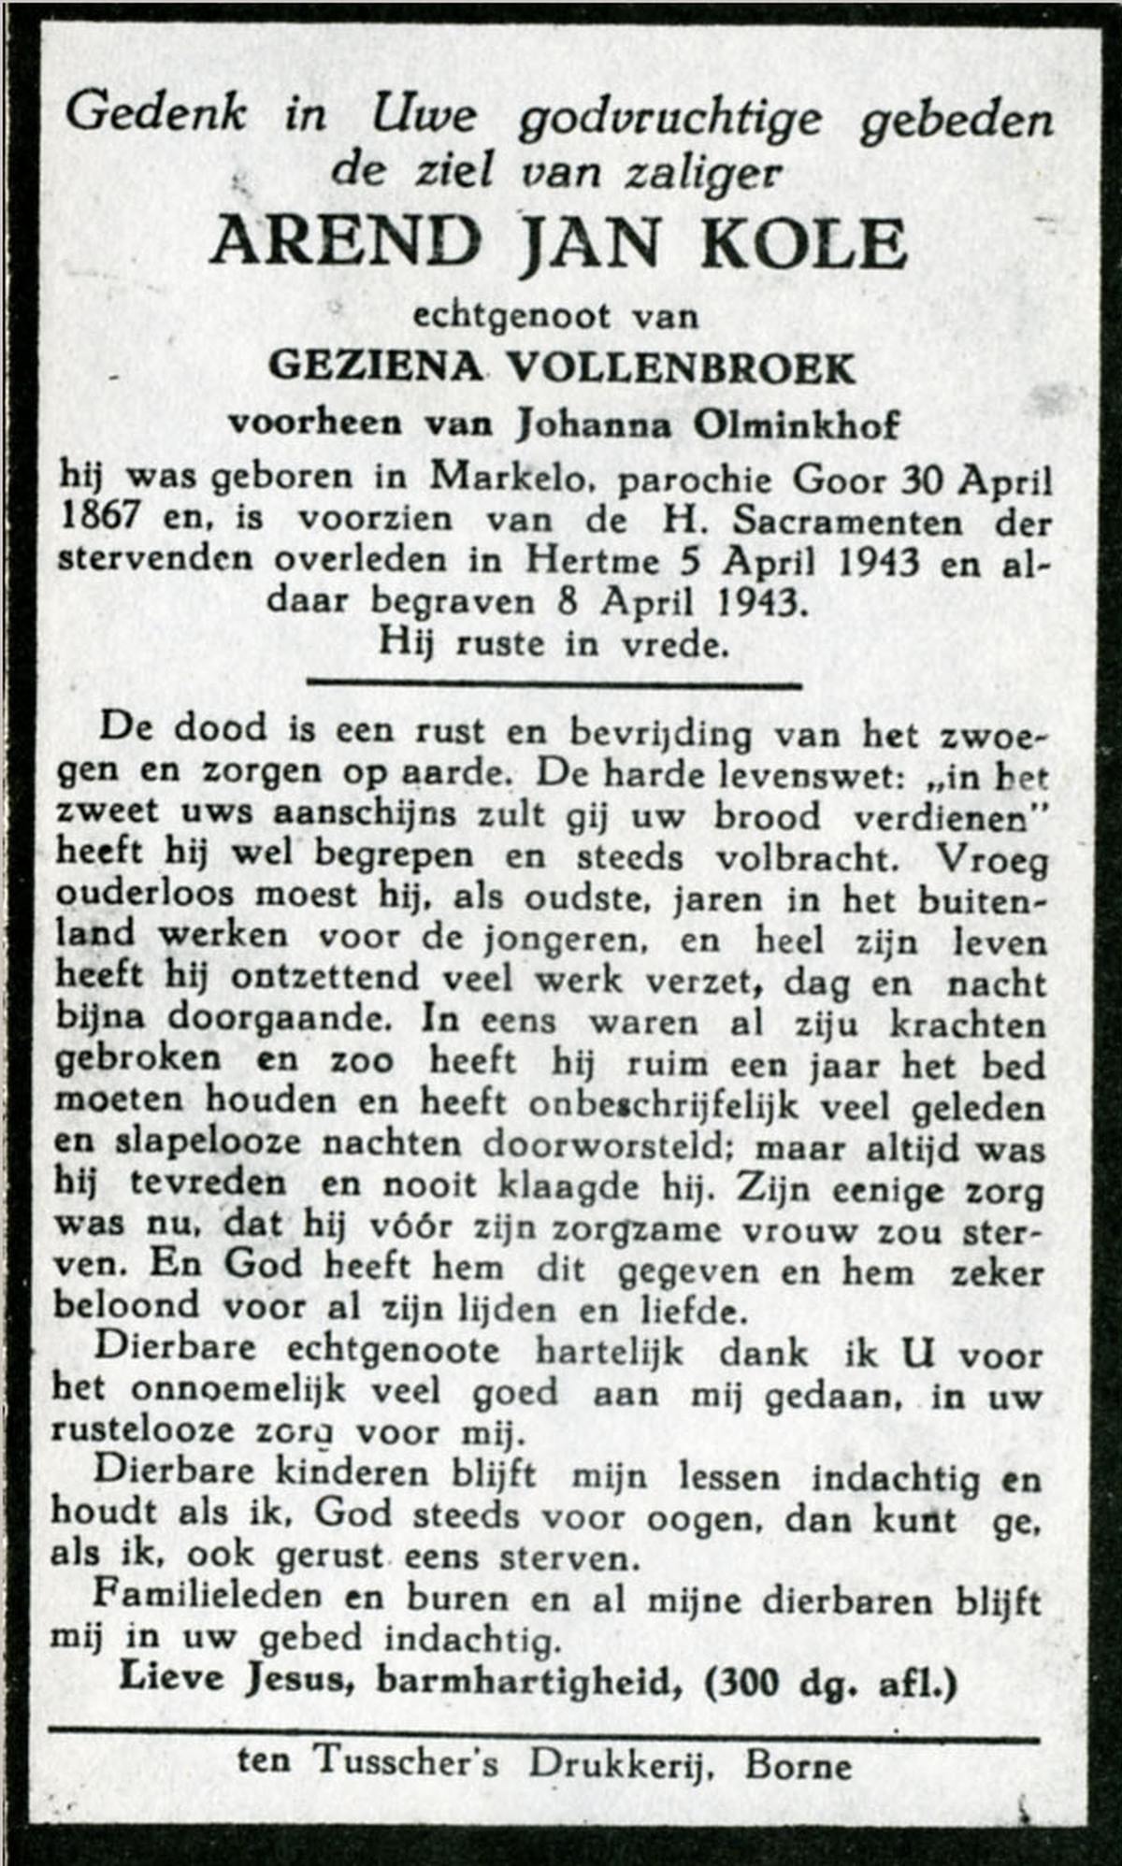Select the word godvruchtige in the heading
670,119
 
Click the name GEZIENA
374,368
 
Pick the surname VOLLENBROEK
681,368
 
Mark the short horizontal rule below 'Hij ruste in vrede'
554,685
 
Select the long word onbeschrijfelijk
664,1106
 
